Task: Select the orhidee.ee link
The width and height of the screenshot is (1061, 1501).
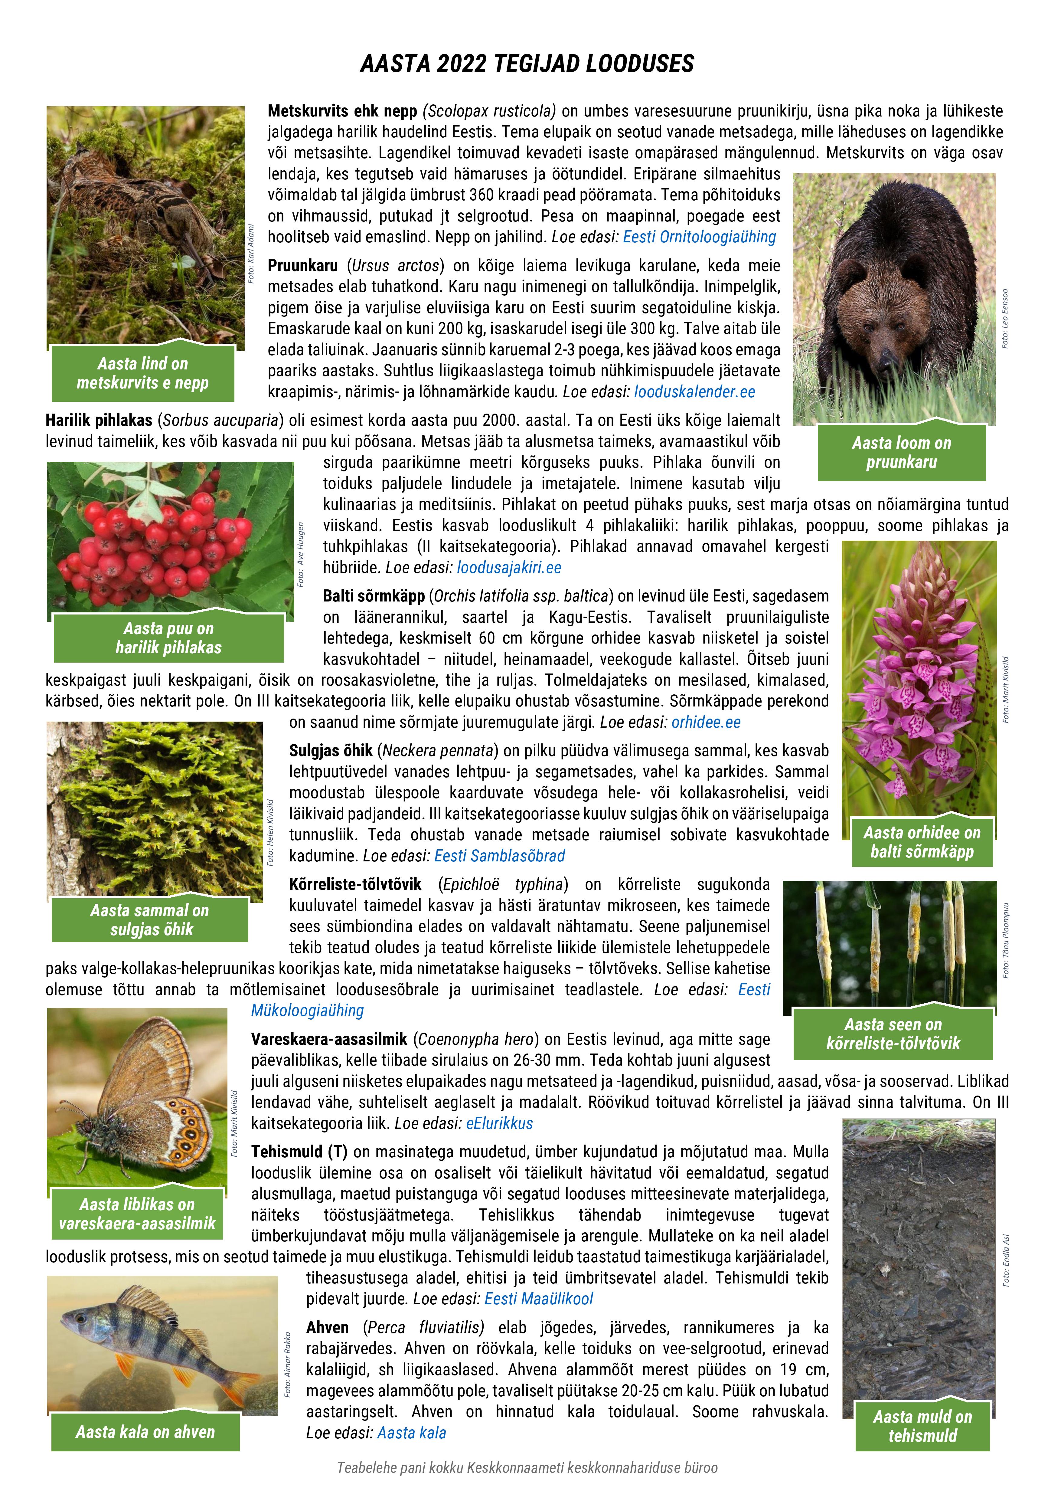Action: coord(706,723)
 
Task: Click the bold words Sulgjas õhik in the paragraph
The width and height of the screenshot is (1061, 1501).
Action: coord(331,750)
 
